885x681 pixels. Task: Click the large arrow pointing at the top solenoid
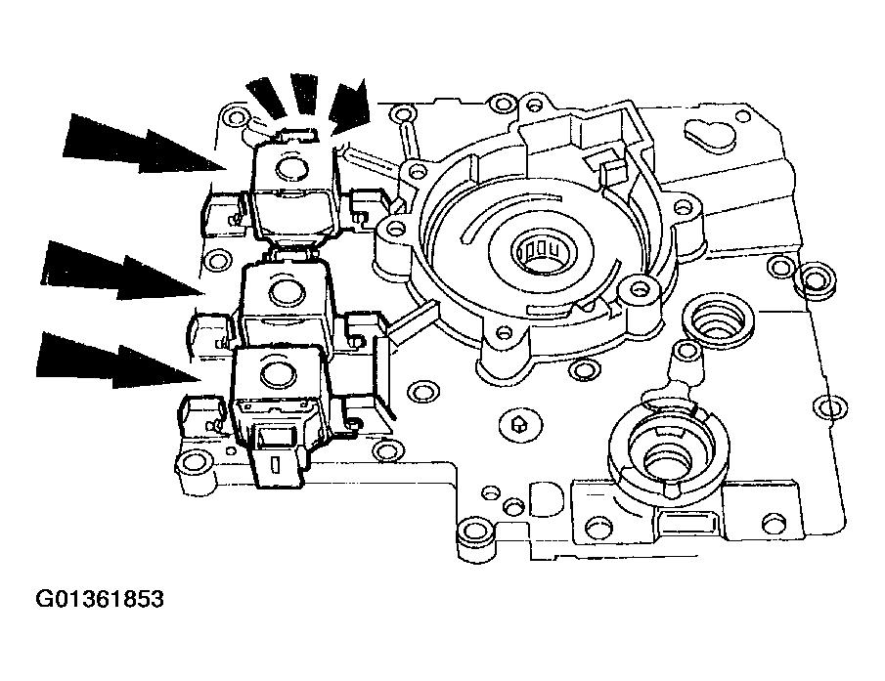pyautogui.click(x=147, y=145)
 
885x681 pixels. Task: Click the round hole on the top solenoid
pyautogui.click(x=291, y=169)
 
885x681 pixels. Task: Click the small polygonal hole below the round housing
pyautogui.click(x=519, y=424)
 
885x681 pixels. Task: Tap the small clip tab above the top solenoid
pyautogui.click(x=294, y=128)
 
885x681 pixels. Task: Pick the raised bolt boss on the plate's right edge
pyautogui.click(x=818, y=282)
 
